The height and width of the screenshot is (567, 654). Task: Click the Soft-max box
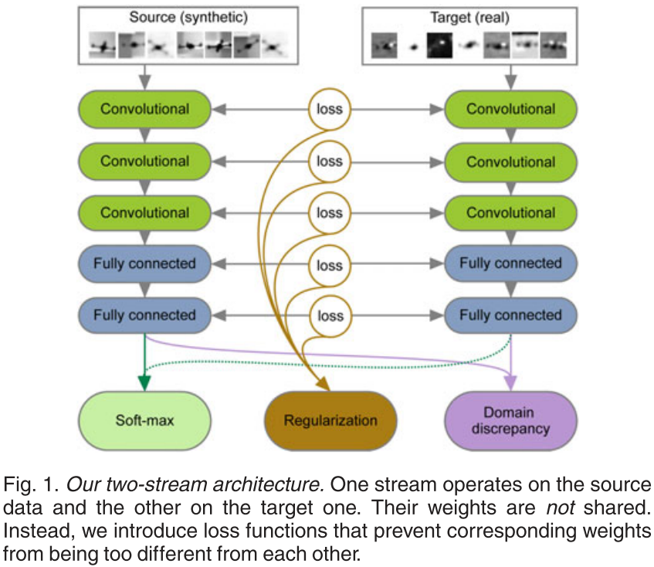(x=144, y=420)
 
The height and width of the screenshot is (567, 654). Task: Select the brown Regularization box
(x=330, y=420)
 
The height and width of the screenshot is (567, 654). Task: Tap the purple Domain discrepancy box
(x=510, y=420)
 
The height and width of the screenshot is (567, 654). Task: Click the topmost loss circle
(x=330, y=109)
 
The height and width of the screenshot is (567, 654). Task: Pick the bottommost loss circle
(x=330, y=315)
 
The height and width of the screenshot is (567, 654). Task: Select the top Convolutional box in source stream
(x=144, y=109)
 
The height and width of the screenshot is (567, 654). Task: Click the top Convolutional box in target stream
(x=510, y=109)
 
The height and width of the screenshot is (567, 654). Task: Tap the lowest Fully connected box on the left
(x=144, y=315)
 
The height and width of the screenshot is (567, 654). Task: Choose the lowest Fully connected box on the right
(x=510, y=315)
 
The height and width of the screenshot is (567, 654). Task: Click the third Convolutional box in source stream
(x=144, y=212)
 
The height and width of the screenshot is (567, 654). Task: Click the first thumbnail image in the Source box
(x=101, y=46)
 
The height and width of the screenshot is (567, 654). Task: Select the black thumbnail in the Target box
(x=441, y=46)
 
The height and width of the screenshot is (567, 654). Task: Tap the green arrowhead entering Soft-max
(x=144, y=382)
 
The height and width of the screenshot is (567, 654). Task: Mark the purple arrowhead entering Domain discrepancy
(x=510, y=382)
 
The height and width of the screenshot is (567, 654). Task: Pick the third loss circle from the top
(x=330, y=212)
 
